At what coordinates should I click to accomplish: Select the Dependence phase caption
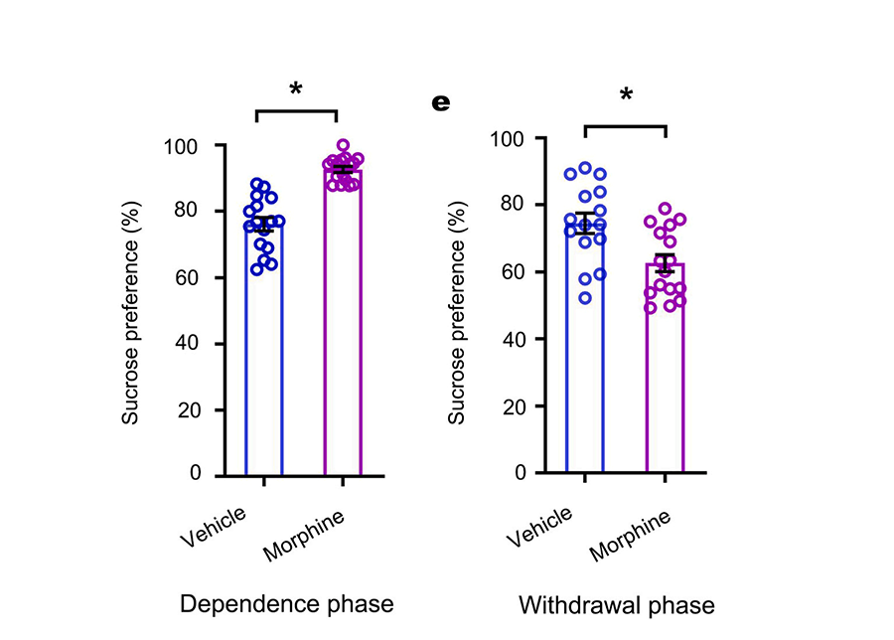click(286, 603)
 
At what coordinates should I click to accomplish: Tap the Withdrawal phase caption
click(616, 605)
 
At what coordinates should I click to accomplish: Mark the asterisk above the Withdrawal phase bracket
click(626, 96)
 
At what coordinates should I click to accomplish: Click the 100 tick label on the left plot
click(182, 146)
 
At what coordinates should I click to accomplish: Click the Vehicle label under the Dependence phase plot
click(218, 527)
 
